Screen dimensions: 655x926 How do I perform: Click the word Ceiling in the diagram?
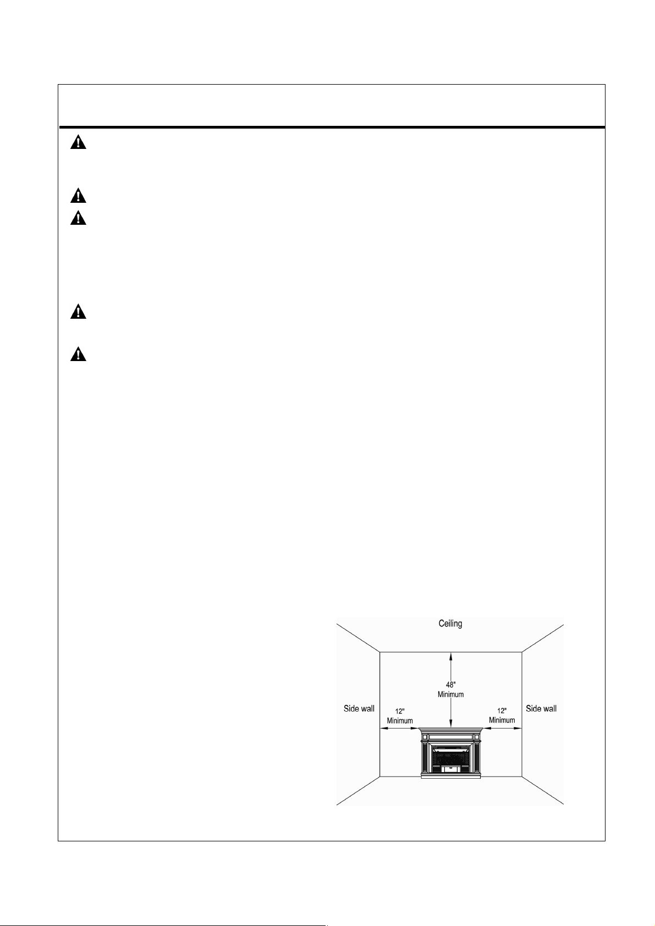(450, 624)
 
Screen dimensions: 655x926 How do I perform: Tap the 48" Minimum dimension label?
(450, 690)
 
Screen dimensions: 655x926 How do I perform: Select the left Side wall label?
(359, 708)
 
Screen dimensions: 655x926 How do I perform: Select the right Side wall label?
(541, 708)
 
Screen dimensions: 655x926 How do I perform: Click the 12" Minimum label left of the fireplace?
(400, 716)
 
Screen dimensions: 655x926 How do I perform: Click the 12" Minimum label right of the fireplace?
(502, 716)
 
